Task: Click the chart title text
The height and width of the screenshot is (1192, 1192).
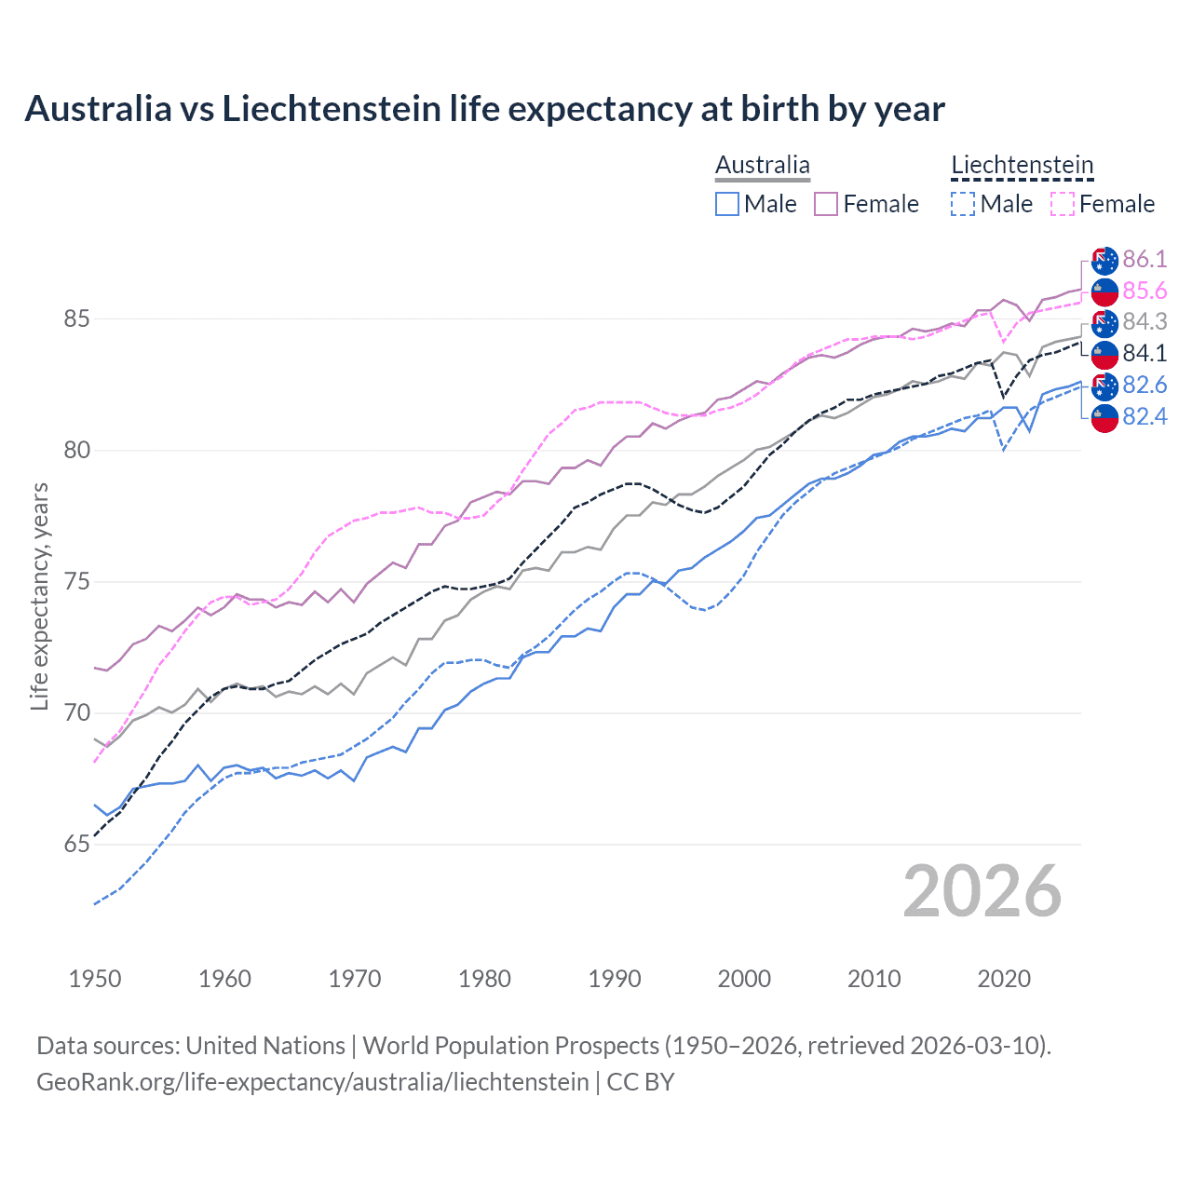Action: click(484, 109)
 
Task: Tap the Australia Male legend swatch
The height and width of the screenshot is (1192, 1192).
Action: click(727, 204)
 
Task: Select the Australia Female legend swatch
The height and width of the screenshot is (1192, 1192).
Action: click(826, 204)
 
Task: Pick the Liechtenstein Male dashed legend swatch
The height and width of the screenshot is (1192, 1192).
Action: click(963, 204)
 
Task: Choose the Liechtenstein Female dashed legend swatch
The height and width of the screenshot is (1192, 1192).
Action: click(1062, 204)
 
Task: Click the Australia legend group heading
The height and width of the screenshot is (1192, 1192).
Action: click(763, 166)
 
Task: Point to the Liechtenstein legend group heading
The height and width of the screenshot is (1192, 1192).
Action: click(1022, 166)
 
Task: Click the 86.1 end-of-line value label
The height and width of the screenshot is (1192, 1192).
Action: click(1145, 260)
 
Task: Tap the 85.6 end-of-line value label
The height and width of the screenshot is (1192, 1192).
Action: click(1145, 291)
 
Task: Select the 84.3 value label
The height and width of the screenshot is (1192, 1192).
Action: click(1145, 322)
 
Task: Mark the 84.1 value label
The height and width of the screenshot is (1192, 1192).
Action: click(1145, 354)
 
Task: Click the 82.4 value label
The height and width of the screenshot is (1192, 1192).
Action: click(1145, 416)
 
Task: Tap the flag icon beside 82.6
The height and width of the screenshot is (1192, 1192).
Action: click(1104, 386)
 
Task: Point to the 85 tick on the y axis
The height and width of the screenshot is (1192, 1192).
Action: click(76, 319)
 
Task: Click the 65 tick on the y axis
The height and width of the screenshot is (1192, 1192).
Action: click(76, 845)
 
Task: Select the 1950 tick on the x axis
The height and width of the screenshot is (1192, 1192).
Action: click(95, 979)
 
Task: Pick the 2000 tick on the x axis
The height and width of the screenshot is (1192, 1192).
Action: click(744, 979)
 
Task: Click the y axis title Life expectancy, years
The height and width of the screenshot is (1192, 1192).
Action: click(39, 596)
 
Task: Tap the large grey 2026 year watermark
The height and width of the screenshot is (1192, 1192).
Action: click(982, 891)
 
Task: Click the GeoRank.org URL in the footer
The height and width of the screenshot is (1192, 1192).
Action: click(312, 1082)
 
